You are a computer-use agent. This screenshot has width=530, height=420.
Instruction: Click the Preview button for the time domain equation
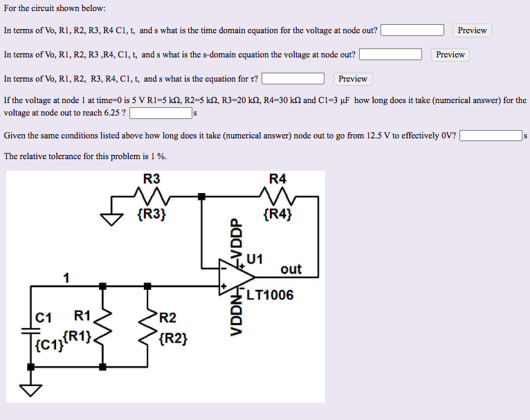tap(472, 30)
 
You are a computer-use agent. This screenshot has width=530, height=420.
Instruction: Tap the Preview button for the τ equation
tap(353, 79)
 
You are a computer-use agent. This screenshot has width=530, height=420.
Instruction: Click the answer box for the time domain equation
tap(412, 30)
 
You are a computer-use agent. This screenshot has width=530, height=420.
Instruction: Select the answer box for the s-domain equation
tap(390, 55)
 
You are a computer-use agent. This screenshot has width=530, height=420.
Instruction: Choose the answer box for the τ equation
tap(293, 79)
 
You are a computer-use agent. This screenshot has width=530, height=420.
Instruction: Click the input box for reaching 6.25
tap(161, 112)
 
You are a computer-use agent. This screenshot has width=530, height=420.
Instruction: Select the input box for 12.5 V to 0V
tap(491, 136)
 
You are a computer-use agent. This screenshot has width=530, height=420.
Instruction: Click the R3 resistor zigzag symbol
tap(152, 197)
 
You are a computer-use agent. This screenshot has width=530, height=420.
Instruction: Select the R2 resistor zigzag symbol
tap(147, 325)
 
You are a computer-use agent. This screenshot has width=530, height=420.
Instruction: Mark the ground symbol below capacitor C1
tap(31, 392)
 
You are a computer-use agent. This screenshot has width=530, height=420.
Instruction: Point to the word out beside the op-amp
tap(291, 269)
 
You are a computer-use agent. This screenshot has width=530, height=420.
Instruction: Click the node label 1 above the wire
tap(66, 278)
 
